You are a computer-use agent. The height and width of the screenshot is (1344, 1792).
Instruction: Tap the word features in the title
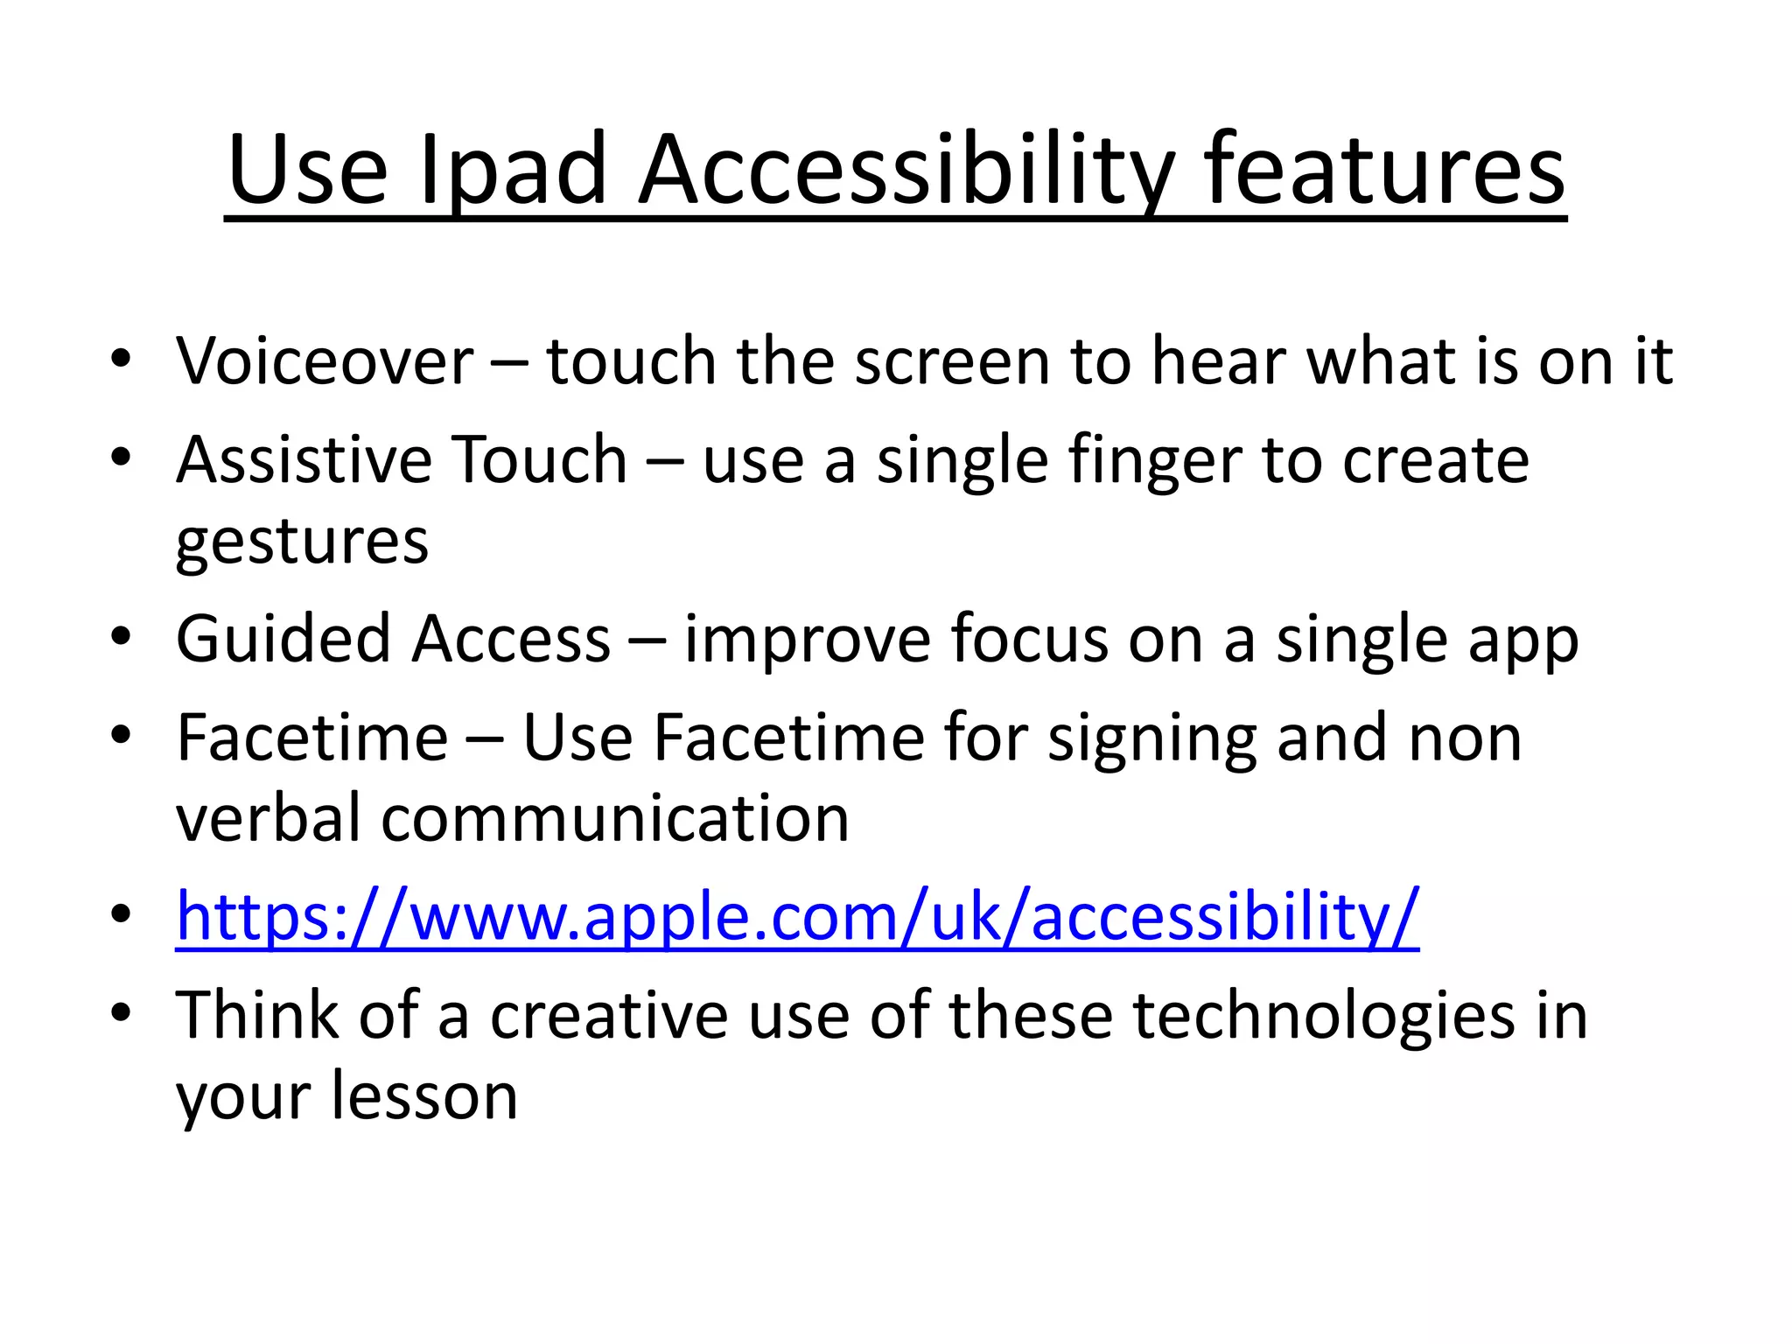pyautogui.click(x=1384, y=170)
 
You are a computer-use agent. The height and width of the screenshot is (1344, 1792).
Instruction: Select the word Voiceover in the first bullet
pyautogui.click(x=325, y=360)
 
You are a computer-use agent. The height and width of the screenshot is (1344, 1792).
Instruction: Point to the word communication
pyautogui.click(x=615, y=819)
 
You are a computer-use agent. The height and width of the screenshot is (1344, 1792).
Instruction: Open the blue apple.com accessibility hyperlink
pyautogui.click(x=796, y=916)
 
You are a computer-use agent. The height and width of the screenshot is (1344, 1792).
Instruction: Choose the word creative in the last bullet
pyautogui.click(x=608, y=1015)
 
